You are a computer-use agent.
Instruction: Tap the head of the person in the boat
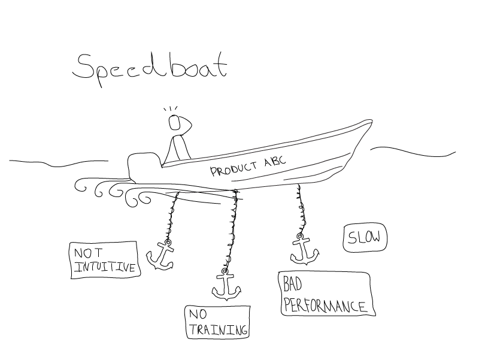(175, 122)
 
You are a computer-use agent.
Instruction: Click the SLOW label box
(364, 238)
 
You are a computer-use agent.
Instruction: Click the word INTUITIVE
(104, 268)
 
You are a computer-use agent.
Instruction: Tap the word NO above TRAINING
(198, 315)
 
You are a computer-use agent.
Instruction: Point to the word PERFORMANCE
(324, 305)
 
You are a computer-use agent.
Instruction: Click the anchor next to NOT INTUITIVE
(161, 256)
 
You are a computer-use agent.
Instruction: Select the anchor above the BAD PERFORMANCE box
(303, 250)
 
